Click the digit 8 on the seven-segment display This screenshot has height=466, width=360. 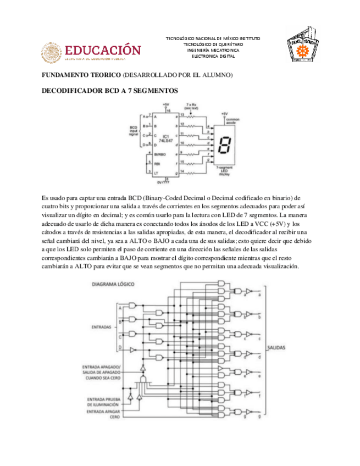[x=224, y=146]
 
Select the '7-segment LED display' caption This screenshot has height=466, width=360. [x=224, y=170]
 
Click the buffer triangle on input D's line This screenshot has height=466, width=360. [x=132, y=349]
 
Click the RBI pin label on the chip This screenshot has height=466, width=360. [x=156, y=163]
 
